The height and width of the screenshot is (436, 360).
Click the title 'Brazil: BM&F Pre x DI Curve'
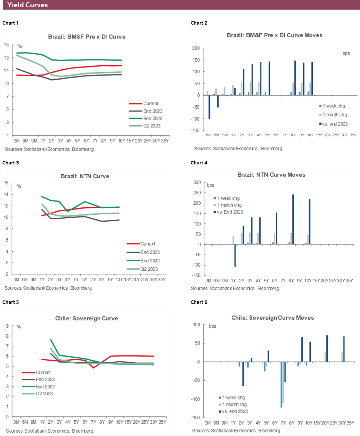(x=86, y=37)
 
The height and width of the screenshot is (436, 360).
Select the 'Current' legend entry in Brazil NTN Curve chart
(x=148, y=244)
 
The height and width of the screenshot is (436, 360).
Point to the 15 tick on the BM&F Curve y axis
(x=7, y=45)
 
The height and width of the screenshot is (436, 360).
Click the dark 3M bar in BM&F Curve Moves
(x=209, y=107)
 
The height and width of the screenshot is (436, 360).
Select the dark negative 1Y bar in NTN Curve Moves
(x=235, y=255)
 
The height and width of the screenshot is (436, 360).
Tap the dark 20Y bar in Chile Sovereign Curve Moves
(x=327, y=348)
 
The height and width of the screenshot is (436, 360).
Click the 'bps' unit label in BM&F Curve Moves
(x=346, y=53)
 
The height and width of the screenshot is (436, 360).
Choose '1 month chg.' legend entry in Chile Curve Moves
(x=236, y=405)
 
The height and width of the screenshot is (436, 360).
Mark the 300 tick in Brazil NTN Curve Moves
(x=197, y=182)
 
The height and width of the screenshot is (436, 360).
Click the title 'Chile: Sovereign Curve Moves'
(x=272, y=318)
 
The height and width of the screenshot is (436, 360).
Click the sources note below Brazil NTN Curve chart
(x=49, y=288)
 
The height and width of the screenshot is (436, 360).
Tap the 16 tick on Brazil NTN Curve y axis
(x=7, y=183)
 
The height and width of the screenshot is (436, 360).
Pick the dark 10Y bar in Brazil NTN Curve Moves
(x=310, y=222)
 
